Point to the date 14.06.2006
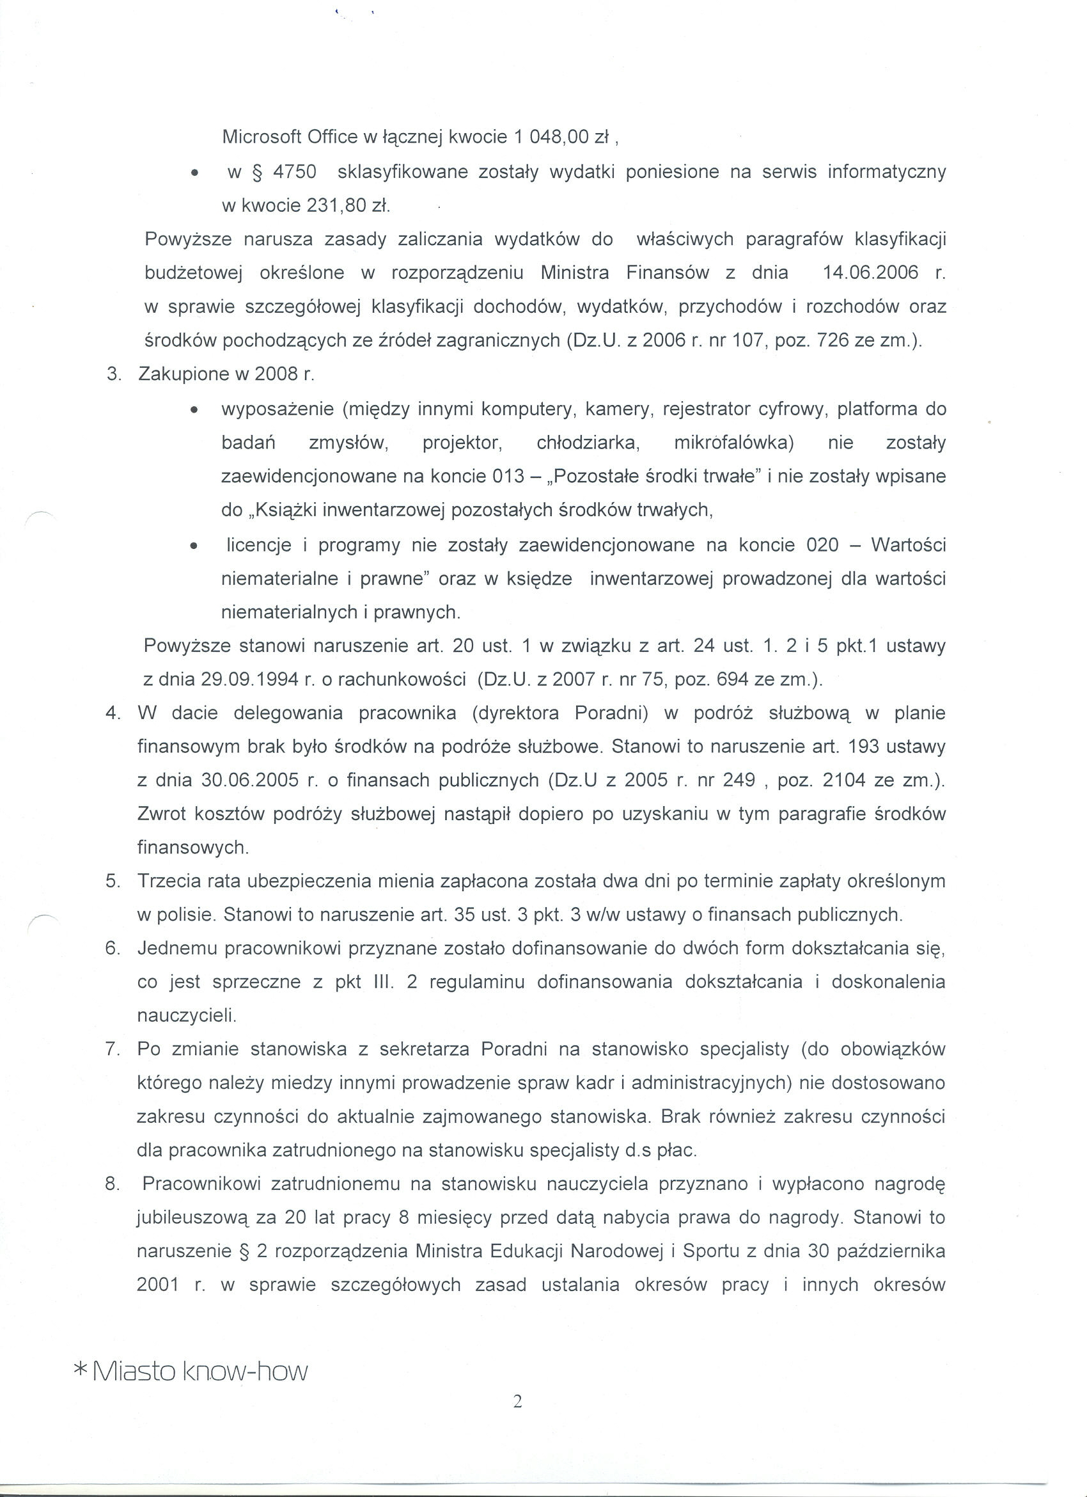coord(871,273)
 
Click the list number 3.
coord(114,374)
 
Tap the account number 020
coord(822,544)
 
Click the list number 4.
coord(113,713)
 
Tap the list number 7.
coord(113,1049)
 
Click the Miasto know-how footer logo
coord(191,1372)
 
